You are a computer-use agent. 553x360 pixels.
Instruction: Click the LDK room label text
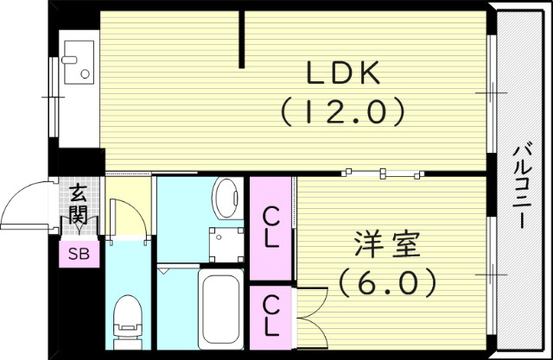coord(343,75)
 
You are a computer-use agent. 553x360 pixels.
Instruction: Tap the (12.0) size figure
coord(343,111)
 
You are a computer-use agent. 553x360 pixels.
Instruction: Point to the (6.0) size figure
coord(386,282)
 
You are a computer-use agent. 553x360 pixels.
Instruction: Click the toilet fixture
coord(128,319)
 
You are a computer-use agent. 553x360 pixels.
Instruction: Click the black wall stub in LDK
coord(242,39)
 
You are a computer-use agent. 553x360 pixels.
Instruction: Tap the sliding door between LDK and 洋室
coord(380,173)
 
